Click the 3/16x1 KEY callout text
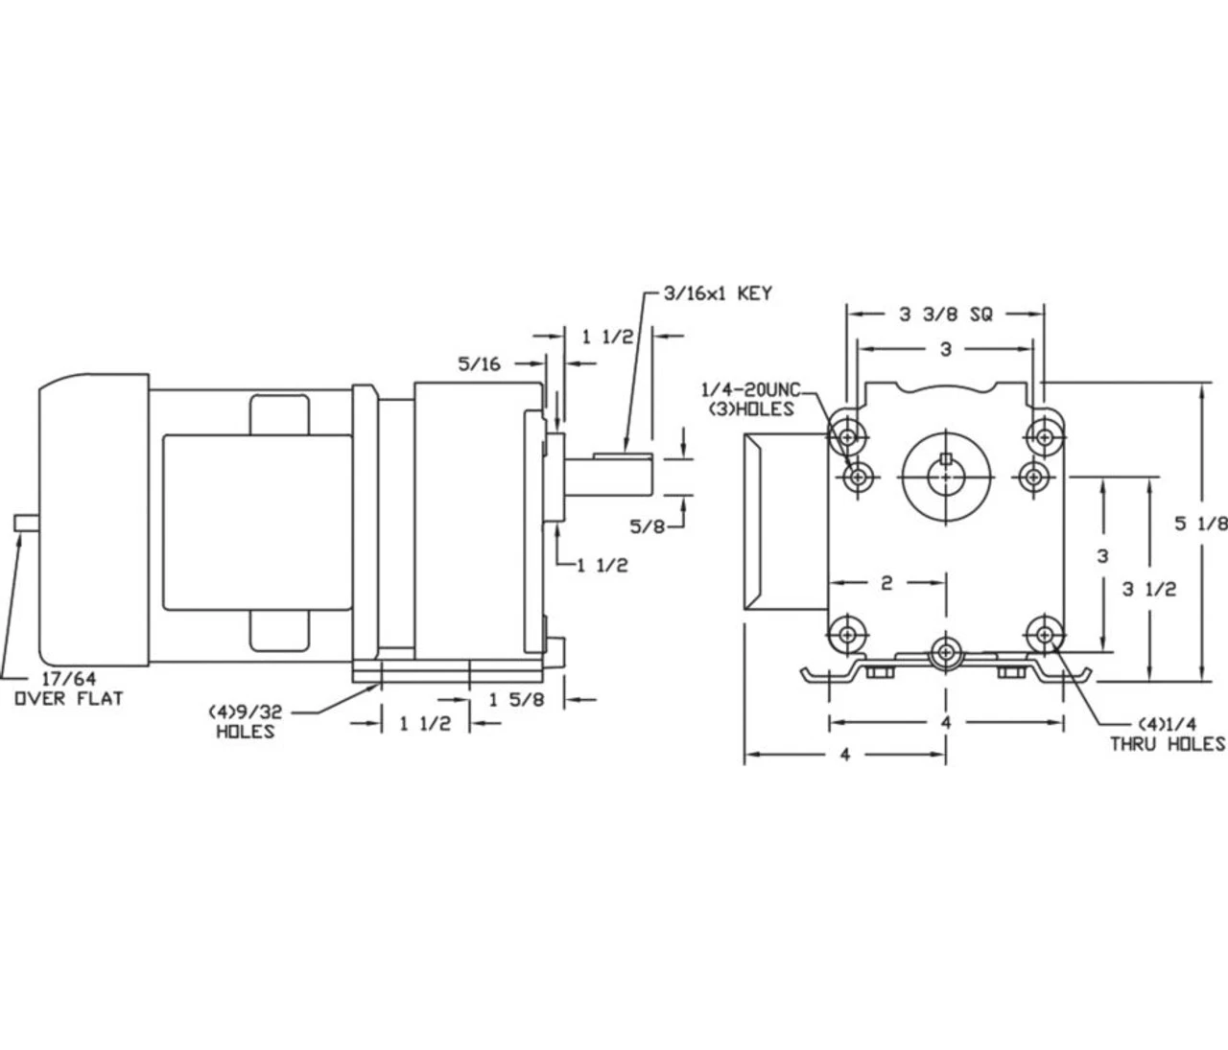pos(717,293)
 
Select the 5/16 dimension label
pos(479,364)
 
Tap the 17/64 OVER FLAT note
pos(69,688)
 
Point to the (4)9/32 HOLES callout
pos(245,722)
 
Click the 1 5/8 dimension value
pos(516,700)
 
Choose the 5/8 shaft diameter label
pos(647,526)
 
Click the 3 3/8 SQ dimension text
pos(946,315)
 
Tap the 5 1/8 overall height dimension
pos(1200,524)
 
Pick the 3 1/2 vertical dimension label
pos(1149,589)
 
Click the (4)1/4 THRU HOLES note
pos(1168,735)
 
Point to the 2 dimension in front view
pos(886,583)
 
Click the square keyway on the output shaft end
pos(946,457)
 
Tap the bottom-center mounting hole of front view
pos(946,653)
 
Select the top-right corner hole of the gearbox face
pos(1045,437)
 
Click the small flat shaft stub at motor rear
pos(27,524)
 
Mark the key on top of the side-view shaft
pos(623,455)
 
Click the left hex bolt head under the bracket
pos(879,673)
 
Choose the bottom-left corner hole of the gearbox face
pos(848,635)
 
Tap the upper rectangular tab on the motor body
pos(279,415)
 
